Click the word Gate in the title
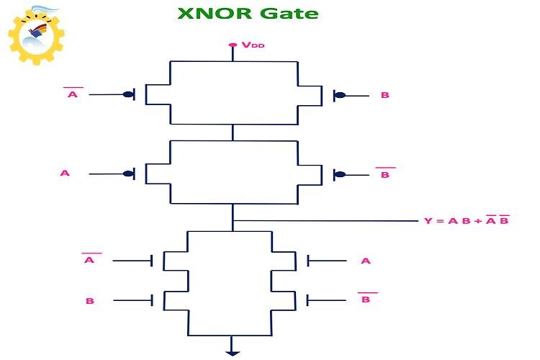click(x=289, y=13)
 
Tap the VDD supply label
click(x=253, y=45)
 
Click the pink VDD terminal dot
click(x=233, y=45)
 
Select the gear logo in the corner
click(x=36, y=35)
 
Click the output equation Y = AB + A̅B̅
click(x=467, y=220)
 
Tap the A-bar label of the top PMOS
click(x=73, y=93)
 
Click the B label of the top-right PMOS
click(x=385, y=95)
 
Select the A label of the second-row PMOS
click(x=65, y=173)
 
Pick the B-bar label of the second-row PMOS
click(x=385, y=173)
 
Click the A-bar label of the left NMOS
click(x=91, y=258)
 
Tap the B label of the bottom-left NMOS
click(x=90, y=301)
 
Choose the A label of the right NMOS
click(x=366, y=261)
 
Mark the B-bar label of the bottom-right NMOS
click(x=367, y=297)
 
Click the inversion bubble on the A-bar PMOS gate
click(x=128, y=94)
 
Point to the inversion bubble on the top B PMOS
click(x=340, y=95)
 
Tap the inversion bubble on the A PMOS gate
click(x=128, y=174)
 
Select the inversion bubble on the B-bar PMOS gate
click(x=340, y=174)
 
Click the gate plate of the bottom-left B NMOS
click(x=152, y=300)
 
